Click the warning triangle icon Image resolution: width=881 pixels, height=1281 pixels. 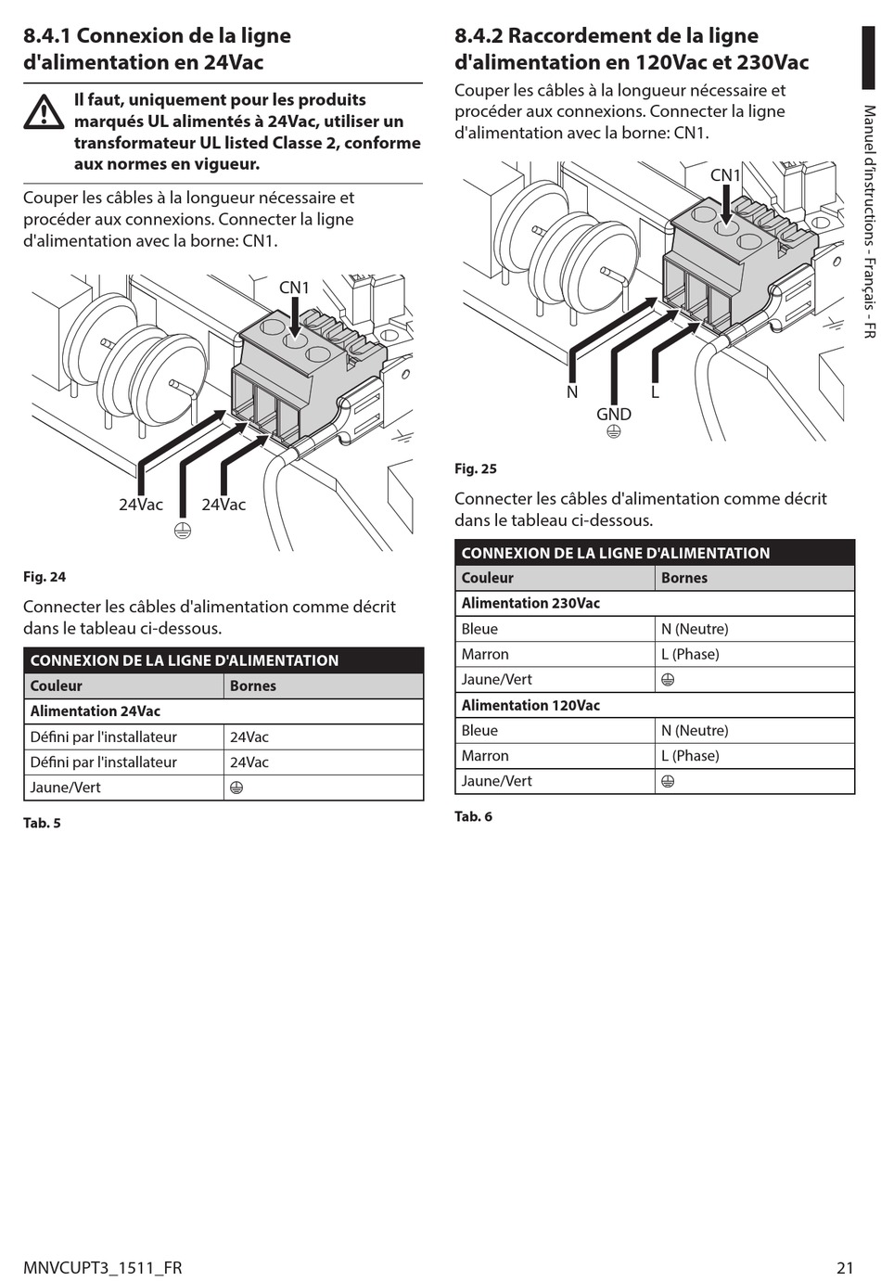[x=44, y=112]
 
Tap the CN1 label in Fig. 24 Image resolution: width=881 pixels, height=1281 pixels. [x=294, y=288]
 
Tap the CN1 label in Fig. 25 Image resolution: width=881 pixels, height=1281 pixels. [x=725, y=175]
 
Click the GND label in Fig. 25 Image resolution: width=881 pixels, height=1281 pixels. [x=614, y=414]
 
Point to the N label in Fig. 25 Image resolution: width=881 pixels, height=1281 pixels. [x=572, y=391]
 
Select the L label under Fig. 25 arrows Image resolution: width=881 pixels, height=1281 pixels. [x=655, y=391]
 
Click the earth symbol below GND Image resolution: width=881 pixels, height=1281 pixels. [x=614, y=431]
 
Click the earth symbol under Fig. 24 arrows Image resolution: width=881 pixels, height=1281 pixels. [x=183, y=532]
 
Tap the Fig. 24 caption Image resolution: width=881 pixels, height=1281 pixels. [x=45, y=577]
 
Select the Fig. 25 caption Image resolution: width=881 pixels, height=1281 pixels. [x=476, y=468]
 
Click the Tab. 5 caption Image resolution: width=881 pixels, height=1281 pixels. [x=42, y=823]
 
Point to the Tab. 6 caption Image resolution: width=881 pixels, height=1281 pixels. [x=473, y=816]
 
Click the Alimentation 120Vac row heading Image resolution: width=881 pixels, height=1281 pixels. [x=530, y=705]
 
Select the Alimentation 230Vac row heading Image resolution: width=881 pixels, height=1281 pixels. [x=530, y=603]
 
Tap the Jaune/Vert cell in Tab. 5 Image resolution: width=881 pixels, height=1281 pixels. [x=66, y=788]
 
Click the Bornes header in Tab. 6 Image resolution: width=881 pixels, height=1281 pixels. [x=684, y=578]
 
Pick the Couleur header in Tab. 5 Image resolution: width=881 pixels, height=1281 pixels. [x=57, y=686]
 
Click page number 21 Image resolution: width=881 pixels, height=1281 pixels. [x=845, y=1267]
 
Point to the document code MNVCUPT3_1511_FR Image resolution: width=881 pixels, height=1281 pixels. [x=103, y=1267]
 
